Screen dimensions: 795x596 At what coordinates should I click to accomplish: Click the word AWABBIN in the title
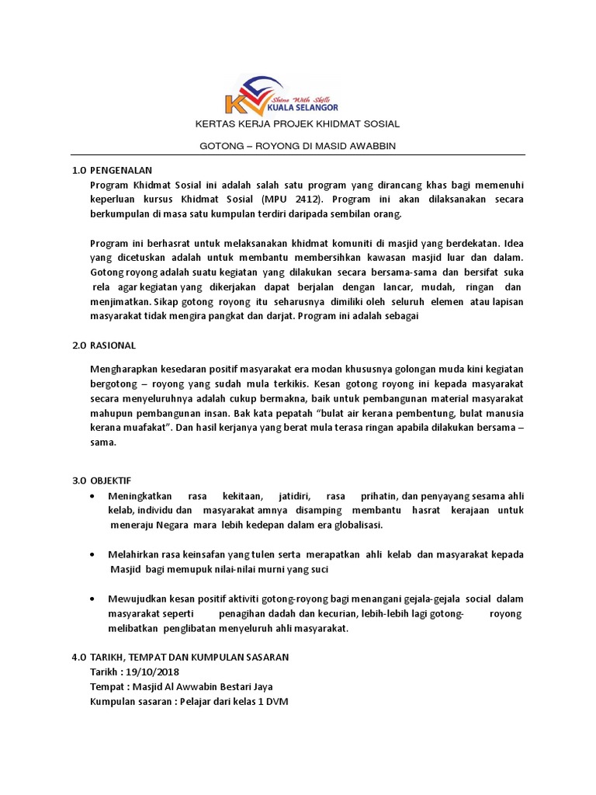tap(373, 146)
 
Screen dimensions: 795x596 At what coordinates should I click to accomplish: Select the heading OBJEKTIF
tap(113, 481)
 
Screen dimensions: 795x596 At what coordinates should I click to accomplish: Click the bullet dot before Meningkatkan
tap(93, 496)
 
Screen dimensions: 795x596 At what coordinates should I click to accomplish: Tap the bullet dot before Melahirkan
tap(93, 555)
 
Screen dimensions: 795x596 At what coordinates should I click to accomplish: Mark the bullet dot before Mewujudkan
tap(93, 599)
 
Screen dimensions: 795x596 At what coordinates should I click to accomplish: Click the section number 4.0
tap(78, 657)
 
